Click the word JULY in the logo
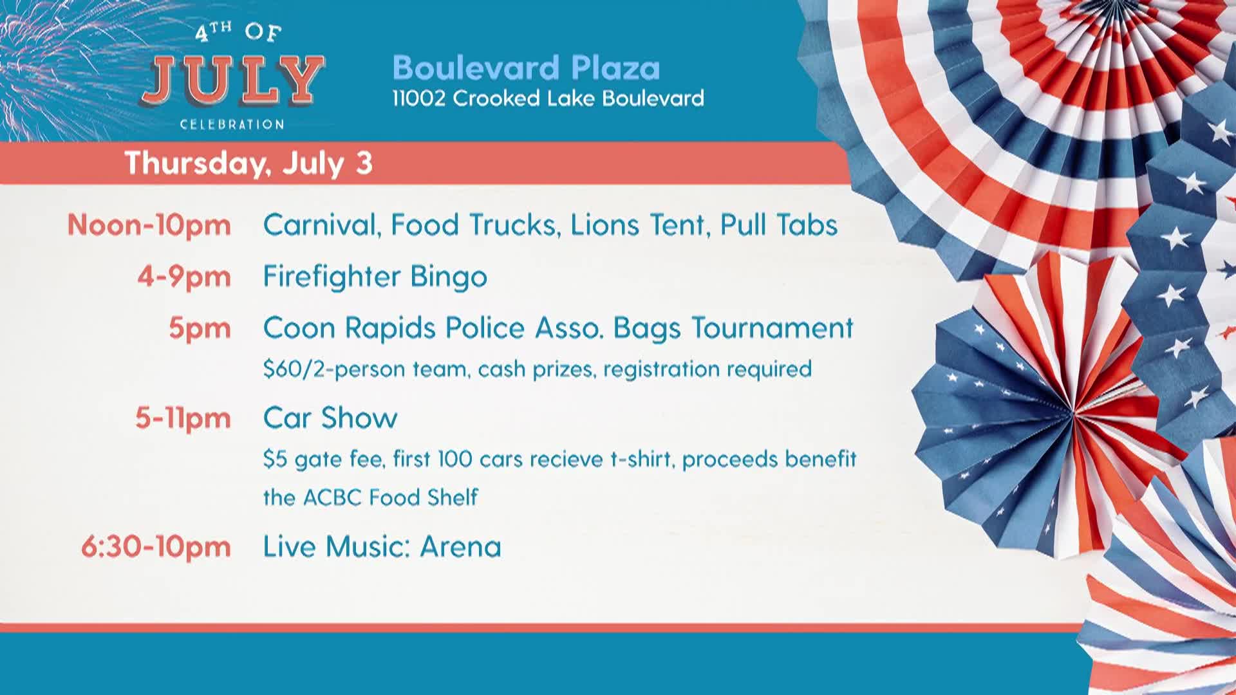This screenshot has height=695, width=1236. click(232, 80)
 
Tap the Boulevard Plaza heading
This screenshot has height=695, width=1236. click(526, 68)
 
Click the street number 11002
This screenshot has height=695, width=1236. click(419, 98)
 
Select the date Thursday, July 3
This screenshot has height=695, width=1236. click(248, 163)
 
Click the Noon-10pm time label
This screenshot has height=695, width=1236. click(149, 225)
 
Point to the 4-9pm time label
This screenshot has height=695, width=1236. click(184, 277)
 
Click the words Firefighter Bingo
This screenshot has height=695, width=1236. click(375, 277)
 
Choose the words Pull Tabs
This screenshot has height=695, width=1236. click(778, 225)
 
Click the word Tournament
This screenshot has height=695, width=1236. click(772, 328)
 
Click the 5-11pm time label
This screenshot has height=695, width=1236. click(183, 418)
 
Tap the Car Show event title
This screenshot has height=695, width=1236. click(330, 418)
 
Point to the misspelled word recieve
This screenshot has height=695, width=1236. click(566, 459)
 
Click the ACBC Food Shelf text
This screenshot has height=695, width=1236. click(390, 497)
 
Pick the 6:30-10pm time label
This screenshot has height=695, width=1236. click(156, 547)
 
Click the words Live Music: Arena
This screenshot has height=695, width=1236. click(382, 547)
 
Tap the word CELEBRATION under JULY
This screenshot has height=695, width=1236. click(232, 124)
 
